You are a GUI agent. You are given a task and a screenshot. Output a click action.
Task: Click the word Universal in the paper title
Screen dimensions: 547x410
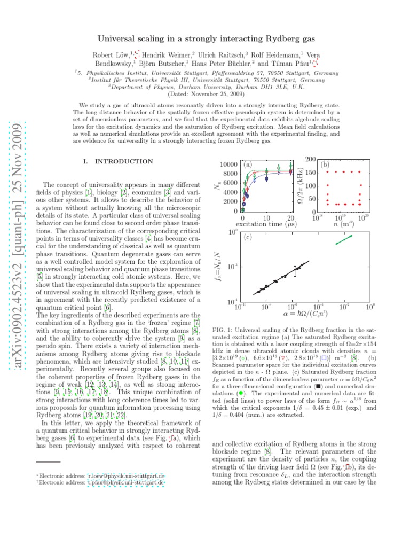pyautogui.click(x=116, y=39)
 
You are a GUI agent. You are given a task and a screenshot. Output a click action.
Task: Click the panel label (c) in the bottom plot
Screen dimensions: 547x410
pyautogui.click(x=247, y=237)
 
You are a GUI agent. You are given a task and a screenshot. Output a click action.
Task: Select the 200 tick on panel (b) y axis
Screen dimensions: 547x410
pyautogui.click(x=310, y=159)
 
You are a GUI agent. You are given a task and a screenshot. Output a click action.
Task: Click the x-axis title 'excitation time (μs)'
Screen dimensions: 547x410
pyautogui.click(x=265, y=224)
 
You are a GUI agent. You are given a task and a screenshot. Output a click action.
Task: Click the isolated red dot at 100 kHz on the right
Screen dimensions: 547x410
pyautogui.click(x=361, y=186)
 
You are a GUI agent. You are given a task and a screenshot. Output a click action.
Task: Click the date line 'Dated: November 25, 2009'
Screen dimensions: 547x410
pyautogui.click(x=205, y=93)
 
